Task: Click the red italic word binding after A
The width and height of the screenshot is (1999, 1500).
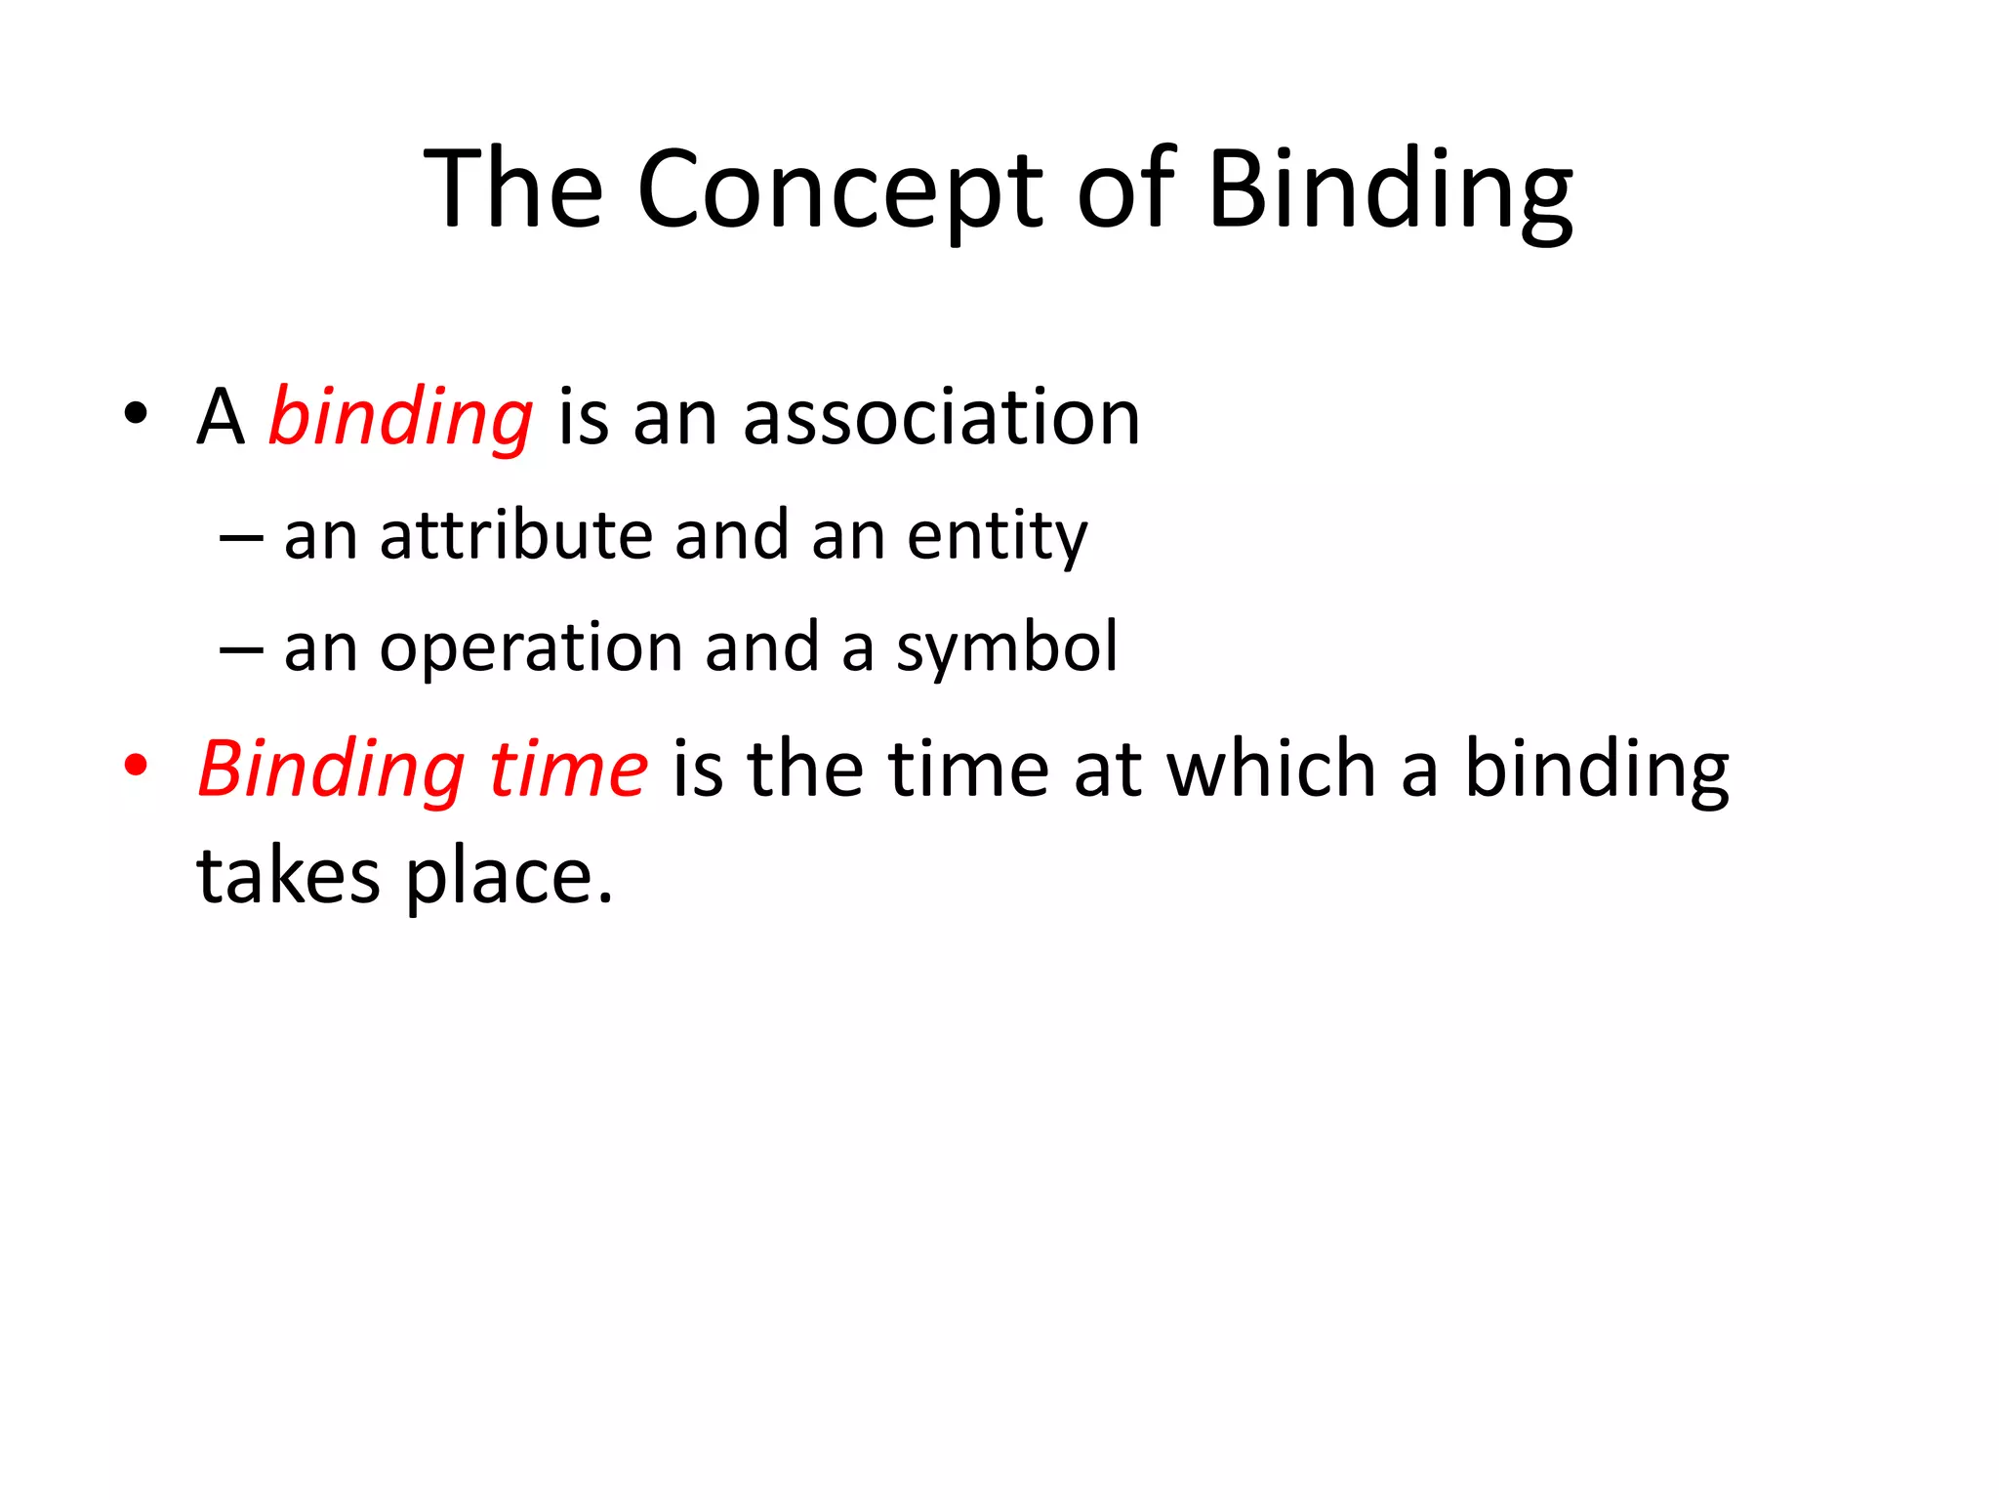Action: [400, 418]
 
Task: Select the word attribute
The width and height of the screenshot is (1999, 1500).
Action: [515, 536]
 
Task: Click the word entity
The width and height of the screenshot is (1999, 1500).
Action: [997, 536]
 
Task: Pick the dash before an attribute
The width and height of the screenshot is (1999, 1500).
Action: [241, 538]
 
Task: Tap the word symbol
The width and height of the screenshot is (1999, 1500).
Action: [1006, 647]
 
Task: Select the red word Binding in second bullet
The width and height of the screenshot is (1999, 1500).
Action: [331, 770]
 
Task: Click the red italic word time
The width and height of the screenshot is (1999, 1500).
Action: [567, 770]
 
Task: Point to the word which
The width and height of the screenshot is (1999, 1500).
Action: [1272, 770]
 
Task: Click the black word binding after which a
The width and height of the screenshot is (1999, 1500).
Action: [1597, 770]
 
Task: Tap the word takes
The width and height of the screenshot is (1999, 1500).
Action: [288, 876]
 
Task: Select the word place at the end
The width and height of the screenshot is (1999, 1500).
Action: [508, 876]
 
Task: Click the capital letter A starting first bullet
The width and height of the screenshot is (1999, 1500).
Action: [220, 418]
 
